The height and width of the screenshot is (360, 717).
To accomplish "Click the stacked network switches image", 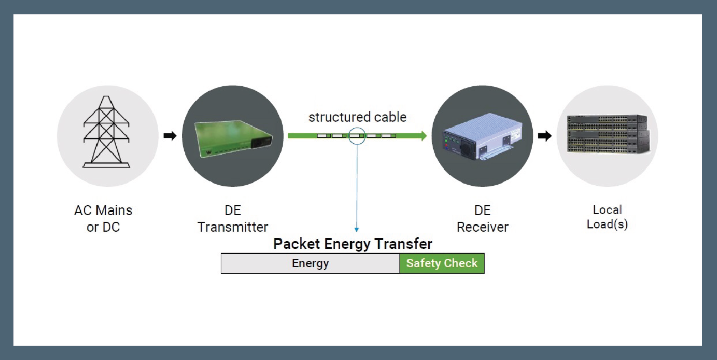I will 607,135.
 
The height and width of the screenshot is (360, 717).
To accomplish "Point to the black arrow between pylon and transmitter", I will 170,136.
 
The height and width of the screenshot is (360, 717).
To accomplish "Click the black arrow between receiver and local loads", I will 544,136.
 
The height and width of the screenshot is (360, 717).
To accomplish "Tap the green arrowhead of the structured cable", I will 424,135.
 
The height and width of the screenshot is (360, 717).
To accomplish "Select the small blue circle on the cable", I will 357,135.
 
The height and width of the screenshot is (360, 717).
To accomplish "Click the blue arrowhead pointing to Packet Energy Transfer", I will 357,229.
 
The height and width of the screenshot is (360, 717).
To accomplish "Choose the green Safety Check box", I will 441,263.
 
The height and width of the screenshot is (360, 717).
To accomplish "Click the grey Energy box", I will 310,263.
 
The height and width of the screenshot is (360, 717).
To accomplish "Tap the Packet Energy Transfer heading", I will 352,244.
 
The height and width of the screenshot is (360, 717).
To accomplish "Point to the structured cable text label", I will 357,117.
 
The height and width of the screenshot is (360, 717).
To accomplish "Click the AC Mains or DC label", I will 103,218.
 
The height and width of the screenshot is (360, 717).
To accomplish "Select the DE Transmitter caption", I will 233,218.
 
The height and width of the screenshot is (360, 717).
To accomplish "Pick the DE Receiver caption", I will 482,218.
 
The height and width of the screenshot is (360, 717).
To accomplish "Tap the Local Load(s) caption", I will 607,217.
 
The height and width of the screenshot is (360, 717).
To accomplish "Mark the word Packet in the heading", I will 297,244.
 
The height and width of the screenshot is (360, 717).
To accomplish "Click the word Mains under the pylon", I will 114,211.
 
